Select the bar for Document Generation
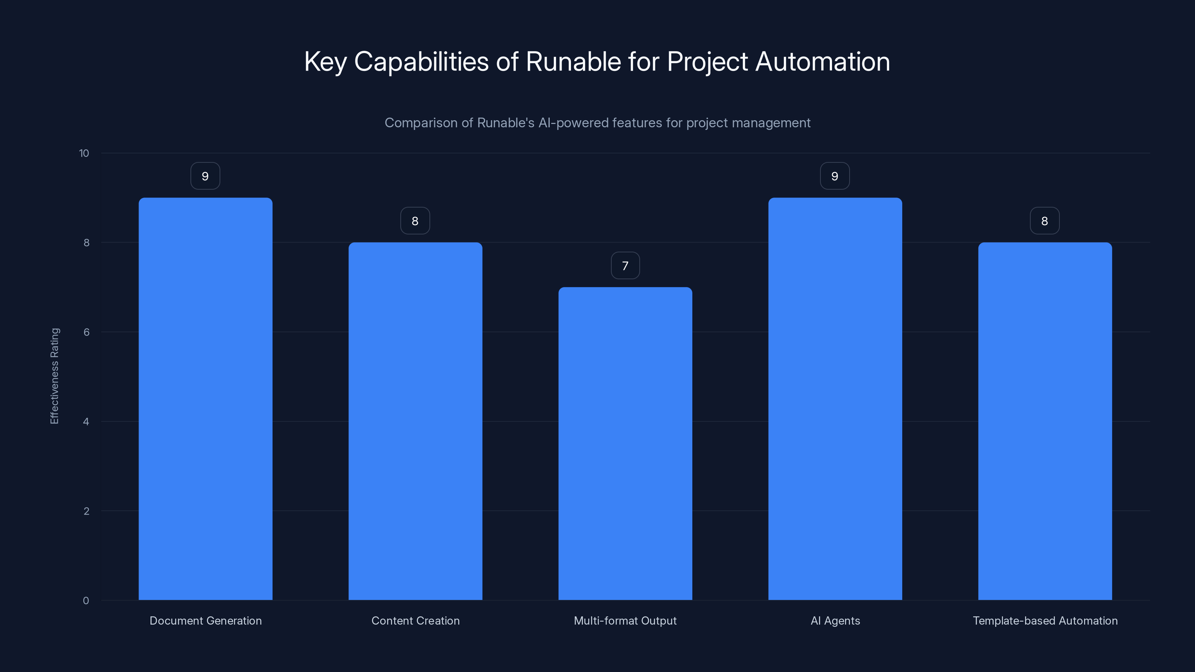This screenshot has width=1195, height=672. tap(205, 399)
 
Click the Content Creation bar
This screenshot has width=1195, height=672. tap(415, 421)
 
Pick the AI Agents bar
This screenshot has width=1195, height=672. tap(835, 399)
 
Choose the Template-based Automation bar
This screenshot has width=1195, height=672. tap(1045, 421)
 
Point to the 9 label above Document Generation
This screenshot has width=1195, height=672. tap(205, 176)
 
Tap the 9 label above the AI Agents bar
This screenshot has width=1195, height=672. tap(835, 176)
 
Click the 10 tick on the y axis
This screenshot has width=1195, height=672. tap(84, 153)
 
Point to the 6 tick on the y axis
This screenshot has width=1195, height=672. tap(86, 332)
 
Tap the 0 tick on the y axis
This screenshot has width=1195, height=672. tap(86, 601)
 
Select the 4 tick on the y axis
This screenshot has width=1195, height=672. tap(86, 421)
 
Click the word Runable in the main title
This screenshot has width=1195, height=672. tap(573, 62)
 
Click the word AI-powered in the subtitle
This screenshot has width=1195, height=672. tap(573, 123)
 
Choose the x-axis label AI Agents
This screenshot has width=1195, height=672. tap(835, 620)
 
